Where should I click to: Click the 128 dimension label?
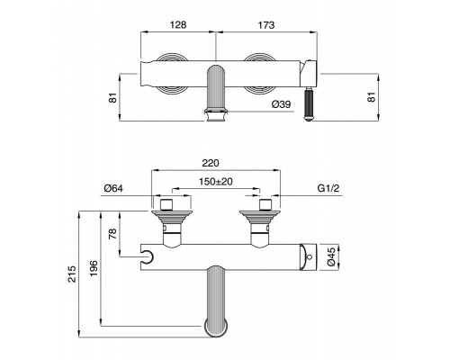178,24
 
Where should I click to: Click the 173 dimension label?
266,25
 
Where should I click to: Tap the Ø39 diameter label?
281,104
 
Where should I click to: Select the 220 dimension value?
211,163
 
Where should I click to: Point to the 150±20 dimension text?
216,182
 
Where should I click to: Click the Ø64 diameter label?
113,188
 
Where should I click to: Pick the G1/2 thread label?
328,188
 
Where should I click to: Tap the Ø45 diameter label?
331,257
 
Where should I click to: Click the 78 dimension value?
112,235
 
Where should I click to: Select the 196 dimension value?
94,268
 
